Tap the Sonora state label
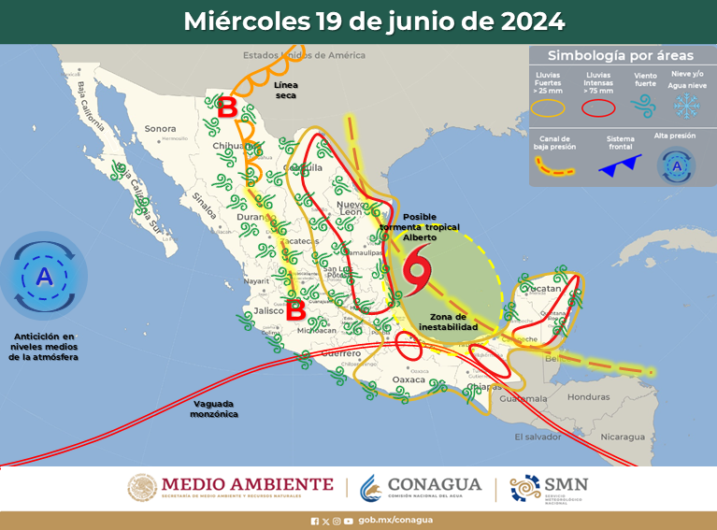point(160,128)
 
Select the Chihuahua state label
point(232,146)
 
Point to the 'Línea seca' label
point(286,89)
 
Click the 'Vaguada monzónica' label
point(214,408)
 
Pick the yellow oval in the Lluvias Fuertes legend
point(549,107)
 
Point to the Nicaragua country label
point(623,437)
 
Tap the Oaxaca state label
point(408,379)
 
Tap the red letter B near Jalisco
point(294,308)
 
